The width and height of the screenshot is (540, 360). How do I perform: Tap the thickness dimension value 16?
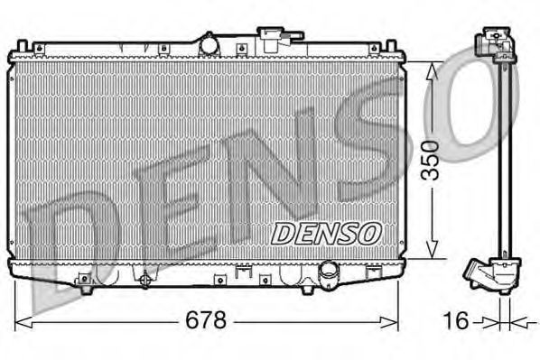point(459,320)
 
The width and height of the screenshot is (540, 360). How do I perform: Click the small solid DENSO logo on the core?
point(327,233)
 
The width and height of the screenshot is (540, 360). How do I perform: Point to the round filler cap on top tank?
point(209,42)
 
